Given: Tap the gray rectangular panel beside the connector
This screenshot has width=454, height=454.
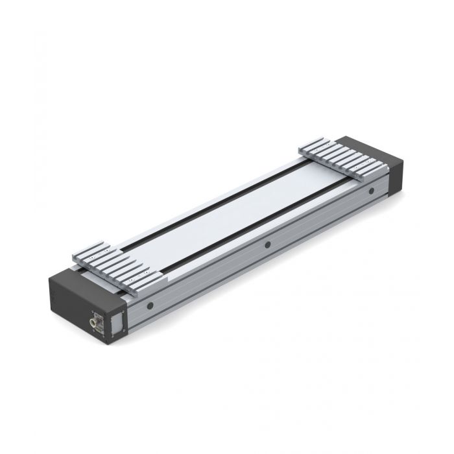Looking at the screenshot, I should [x=117, y=322].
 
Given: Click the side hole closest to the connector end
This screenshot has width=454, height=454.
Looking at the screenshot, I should [x=150, y=305].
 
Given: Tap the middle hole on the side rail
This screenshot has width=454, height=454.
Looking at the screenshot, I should [x=267, y=245].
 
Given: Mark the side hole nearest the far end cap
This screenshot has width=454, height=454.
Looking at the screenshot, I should [x=371, y=191].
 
